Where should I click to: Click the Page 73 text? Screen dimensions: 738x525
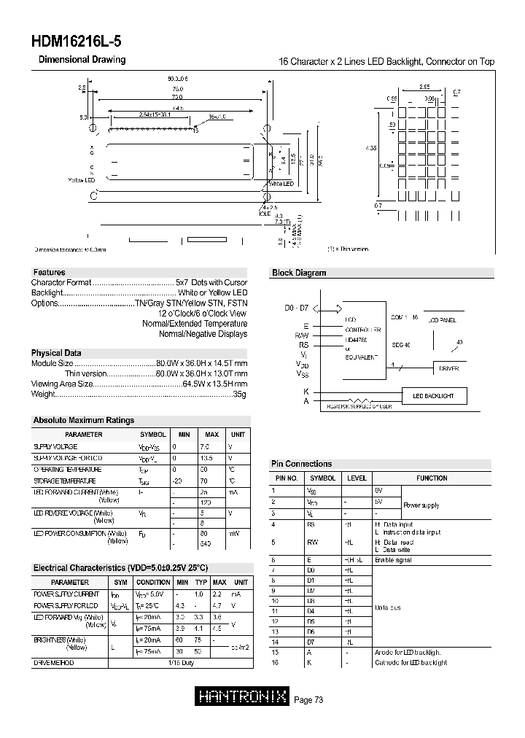308,700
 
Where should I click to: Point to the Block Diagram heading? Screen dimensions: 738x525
299,273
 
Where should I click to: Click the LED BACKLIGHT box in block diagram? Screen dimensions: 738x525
433,396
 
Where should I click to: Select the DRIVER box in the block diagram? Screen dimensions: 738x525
448,369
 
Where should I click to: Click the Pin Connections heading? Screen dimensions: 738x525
301,464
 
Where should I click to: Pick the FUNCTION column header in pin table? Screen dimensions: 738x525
432,478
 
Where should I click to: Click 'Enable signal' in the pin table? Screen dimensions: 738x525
393,560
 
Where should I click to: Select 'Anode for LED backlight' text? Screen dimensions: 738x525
408,652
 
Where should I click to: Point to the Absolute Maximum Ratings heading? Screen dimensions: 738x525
84,420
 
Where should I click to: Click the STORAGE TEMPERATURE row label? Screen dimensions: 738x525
65,481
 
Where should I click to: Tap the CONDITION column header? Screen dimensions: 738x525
153,582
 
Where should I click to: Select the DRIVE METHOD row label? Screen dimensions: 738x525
53,662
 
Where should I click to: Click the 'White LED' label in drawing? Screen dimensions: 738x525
281,184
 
